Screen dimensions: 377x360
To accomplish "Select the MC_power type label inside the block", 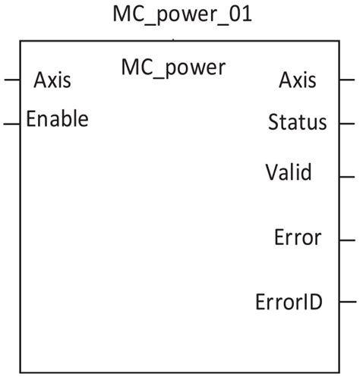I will click(x=173, y=68).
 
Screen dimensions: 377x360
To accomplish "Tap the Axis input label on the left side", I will click(x=52, y=80).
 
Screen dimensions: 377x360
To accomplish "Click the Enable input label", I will click(x=57, y=119).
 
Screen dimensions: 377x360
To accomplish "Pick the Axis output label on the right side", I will click(x=298, y=79).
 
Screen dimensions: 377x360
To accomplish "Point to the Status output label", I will click(x=298, y=122).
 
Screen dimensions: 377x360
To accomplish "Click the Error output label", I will click(x=298, y=237).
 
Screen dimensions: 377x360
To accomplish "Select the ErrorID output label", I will click(x=289, y=302).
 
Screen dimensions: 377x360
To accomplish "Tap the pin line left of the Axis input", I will click(x=11, y=79).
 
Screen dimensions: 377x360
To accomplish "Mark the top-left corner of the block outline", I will click(x=21, y=42).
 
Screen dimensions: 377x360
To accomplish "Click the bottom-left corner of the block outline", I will click(x=21, y=372).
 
